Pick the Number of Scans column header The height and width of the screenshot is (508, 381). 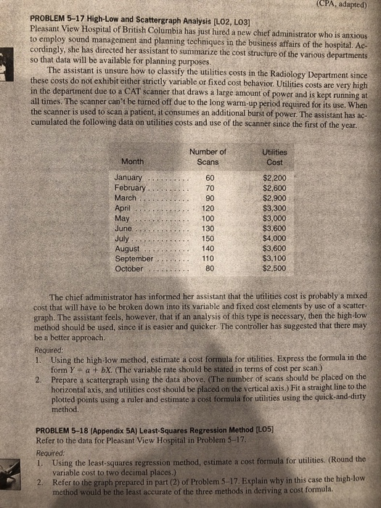(207, 156)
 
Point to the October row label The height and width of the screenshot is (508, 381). (131, 268)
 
